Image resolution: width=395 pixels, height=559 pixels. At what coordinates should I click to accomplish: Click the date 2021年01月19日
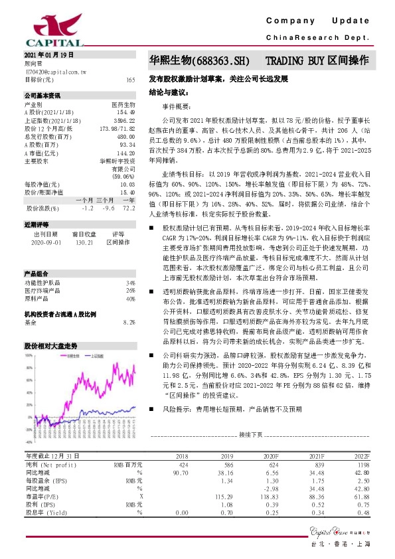[x=48, y=54]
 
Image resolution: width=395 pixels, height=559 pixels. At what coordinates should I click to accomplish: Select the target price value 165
[x=130, y=80]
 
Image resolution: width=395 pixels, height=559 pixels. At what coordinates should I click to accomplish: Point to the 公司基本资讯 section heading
[x=42, y=96]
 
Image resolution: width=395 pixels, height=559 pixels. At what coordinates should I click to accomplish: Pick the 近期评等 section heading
[x=37, y=225]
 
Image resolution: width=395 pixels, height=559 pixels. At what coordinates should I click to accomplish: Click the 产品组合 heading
[x=37, y=274]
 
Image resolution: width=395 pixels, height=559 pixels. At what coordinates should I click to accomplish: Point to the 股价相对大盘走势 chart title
[x=51, y=346]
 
